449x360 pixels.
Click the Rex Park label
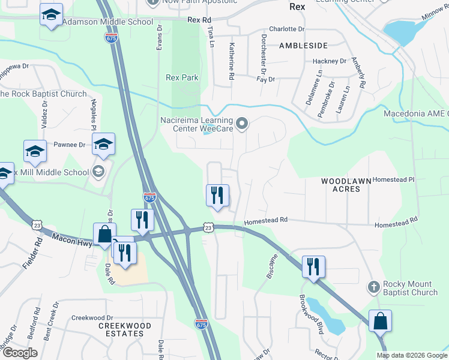182,77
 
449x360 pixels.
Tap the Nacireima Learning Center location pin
242,124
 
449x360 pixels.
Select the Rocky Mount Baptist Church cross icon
373,286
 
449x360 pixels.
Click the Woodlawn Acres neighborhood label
340,185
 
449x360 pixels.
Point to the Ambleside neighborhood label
303,46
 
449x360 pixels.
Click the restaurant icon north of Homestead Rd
217,195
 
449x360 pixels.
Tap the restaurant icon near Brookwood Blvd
313,266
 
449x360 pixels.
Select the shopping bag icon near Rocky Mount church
380,321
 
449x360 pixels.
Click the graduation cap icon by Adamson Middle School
52,14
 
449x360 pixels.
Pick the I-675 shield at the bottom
202,324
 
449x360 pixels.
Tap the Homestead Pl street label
394,179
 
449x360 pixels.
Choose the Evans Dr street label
160,37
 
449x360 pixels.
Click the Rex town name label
297,7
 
